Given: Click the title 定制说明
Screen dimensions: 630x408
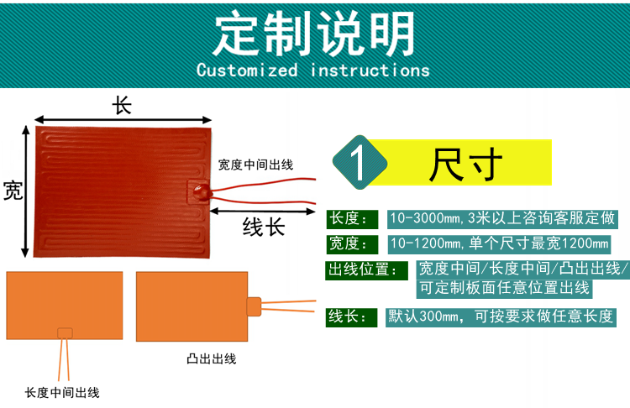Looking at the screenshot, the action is point(314,34).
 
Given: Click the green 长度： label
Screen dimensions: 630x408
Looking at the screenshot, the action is point(349,219).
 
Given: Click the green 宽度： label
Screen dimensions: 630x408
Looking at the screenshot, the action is point(349,244).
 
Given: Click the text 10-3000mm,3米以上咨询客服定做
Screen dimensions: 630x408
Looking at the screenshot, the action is point(502,219).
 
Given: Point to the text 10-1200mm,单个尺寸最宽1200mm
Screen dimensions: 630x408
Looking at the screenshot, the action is point(500,244).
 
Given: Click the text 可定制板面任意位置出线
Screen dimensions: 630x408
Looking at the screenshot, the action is point(503,289).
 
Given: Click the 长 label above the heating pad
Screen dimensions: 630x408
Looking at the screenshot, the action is point(123,106).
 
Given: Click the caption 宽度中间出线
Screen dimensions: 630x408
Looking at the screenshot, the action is point(255,165).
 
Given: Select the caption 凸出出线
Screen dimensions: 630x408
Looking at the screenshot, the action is point(211,359).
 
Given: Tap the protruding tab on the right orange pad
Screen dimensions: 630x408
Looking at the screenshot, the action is point(255,306).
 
